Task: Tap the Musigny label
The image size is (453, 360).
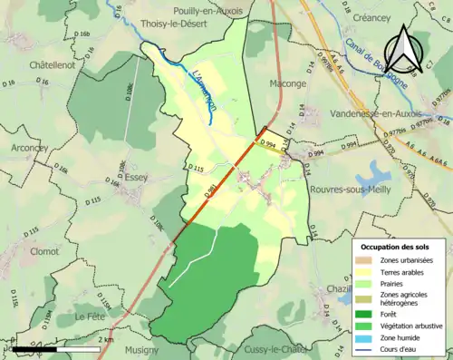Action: point(140,349)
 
